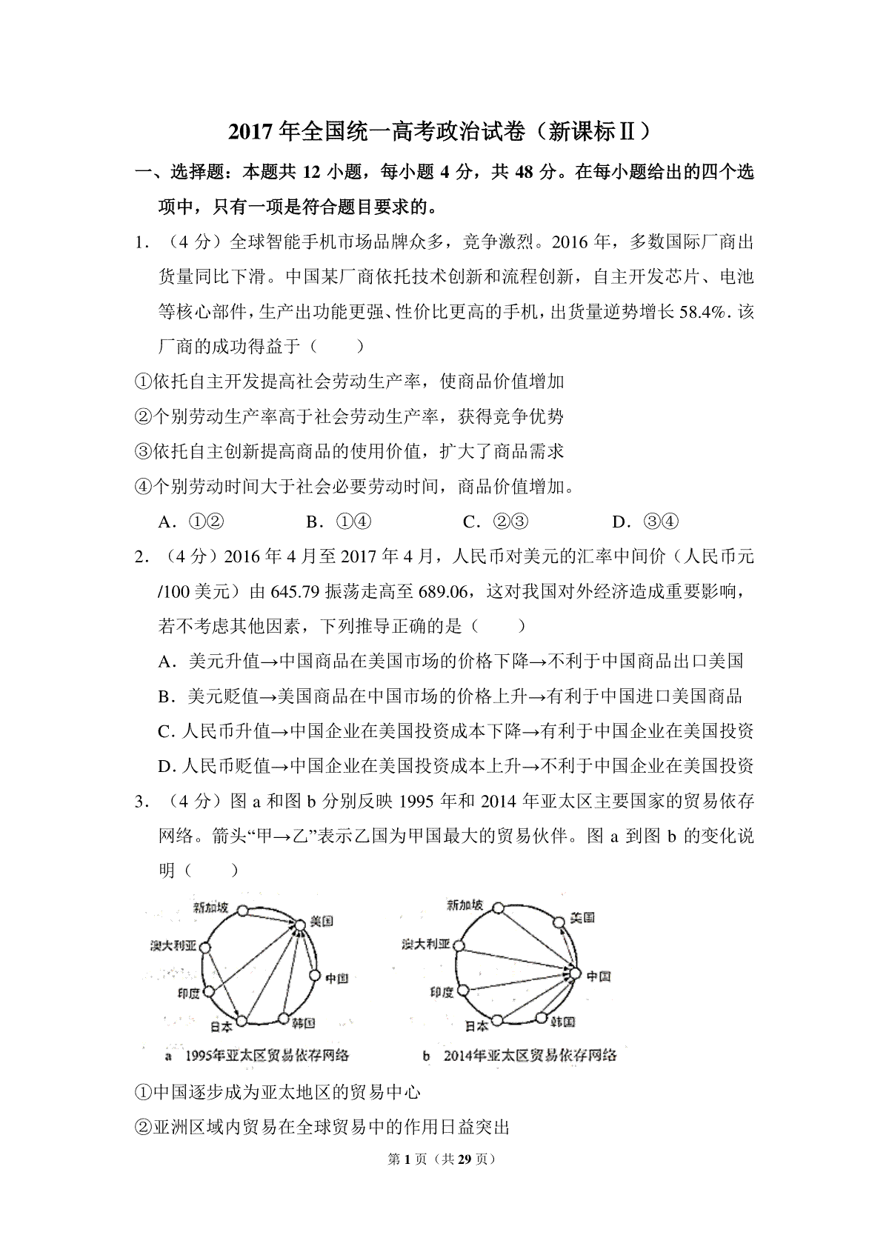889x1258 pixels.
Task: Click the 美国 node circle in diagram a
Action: pos(299,925)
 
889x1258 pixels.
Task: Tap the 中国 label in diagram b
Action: pos(599,976)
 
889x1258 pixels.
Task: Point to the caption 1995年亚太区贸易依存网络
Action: pos(267,1055)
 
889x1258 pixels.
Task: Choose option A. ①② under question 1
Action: pos(191,522)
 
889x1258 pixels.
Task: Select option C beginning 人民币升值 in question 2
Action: pos(456,731)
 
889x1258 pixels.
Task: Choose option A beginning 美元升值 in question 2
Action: pos(450,661)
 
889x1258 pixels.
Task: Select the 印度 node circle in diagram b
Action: pos(465,990)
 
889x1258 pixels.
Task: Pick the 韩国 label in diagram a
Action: pos(304,1023)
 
